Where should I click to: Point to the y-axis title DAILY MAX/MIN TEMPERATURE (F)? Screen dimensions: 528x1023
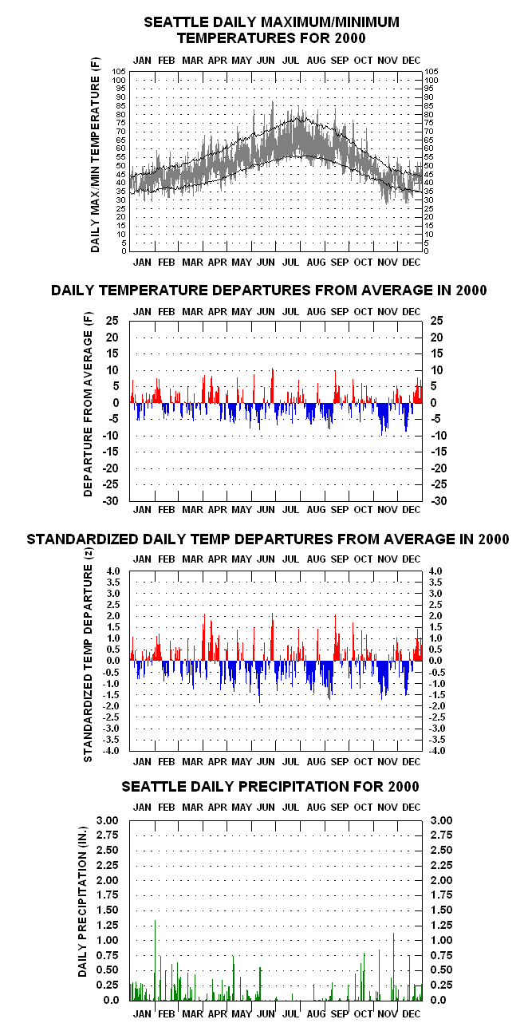[x=95, y=155]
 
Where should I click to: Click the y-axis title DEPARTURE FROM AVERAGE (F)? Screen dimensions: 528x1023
[x=88, y=405]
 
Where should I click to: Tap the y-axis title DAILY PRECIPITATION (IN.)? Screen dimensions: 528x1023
[x=82, y=902]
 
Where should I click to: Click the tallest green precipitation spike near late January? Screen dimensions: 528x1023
[x=156, y=959]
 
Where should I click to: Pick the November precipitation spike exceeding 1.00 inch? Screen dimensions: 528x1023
[x=393, y=966]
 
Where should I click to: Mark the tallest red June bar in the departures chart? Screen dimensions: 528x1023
[x=273, y=385]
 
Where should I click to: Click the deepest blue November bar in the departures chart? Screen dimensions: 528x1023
[x=382, y=419]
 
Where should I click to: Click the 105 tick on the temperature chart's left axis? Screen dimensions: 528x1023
[x=119, y=72]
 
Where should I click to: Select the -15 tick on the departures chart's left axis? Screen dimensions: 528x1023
[x=112, y=452]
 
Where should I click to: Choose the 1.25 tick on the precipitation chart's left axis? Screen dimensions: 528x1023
[x=107, y=925]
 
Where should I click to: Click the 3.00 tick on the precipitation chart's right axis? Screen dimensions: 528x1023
[x=441, y=820]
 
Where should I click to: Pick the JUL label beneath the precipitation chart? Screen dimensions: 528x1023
[x=290, y=1013]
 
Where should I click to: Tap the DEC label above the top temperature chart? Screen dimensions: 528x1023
[x=412, y=61]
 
